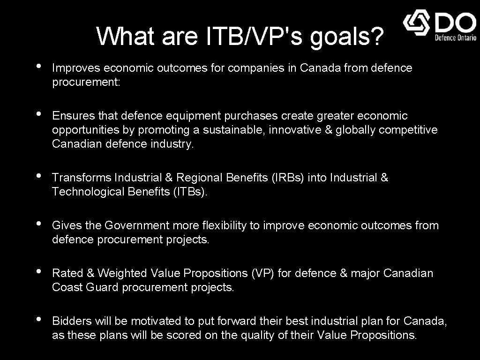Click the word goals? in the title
pos(347,37)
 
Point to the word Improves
pos(76,68)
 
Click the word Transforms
pos(82,178)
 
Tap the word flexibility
pos(225,225)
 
